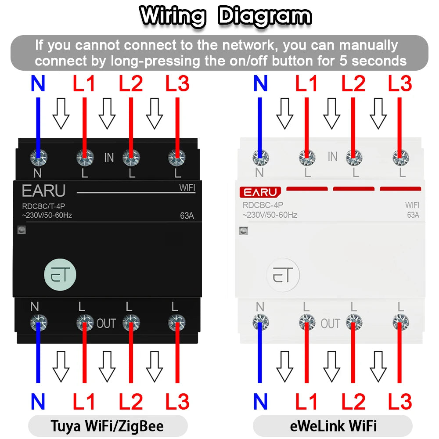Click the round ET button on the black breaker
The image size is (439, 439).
point(60,275)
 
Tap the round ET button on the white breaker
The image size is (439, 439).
point(283,275)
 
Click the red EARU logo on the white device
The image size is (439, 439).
point(260,192)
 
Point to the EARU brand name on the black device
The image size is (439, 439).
point(43,191)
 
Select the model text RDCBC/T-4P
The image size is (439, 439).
point(43,206)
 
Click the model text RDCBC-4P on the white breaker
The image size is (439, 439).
point(263,205)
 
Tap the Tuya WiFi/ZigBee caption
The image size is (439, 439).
point(107,426)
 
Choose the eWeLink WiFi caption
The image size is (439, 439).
point(333,426)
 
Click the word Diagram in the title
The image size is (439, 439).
point(265,17)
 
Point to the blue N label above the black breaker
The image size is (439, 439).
point(38,83)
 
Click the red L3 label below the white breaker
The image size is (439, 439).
point(400,402)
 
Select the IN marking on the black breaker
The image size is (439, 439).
point(109,158)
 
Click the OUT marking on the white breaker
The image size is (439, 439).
point(331,324)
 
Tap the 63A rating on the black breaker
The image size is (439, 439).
point(187,216)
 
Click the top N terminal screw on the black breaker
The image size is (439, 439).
point(39,157)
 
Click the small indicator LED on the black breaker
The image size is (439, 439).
point(22,230)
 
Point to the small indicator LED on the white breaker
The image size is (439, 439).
point(244,231)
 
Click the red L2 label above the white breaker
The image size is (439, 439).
point(353,83)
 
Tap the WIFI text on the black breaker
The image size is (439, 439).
point(187,187)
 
